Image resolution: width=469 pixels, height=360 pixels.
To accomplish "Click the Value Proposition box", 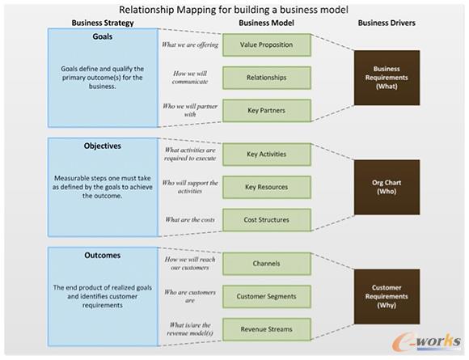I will click(265, 45).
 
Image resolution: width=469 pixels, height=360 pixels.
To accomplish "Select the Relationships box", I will click(265, 78).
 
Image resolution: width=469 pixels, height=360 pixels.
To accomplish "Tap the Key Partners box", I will click(265, 110).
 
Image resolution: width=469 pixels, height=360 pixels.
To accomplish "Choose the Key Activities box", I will click(265, 154).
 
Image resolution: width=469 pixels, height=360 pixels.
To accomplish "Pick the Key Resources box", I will click(265, 187).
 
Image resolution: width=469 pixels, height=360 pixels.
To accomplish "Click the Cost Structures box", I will click(265, 219).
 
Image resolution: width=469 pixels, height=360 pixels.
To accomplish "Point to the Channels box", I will click(265, 264).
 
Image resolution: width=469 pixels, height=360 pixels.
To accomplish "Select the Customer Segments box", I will click(265, 296).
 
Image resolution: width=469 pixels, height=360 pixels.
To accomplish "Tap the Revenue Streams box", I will click(265, 328).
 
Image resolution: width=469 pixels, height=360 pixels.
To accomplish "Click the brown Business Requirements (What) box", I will click(387, 78).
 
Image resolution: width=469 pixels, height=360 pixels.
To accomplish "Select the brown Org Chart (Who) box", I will click(387, 187).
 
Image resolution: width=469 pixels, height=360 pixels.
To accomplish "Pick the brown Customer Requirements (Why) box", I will click(387, 296).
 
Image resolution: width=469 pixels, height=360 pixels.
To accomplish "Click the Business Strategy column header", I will click(103, 23).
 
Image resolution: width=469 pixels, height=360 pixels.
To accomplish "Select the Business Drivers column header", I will click(386, 23).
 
